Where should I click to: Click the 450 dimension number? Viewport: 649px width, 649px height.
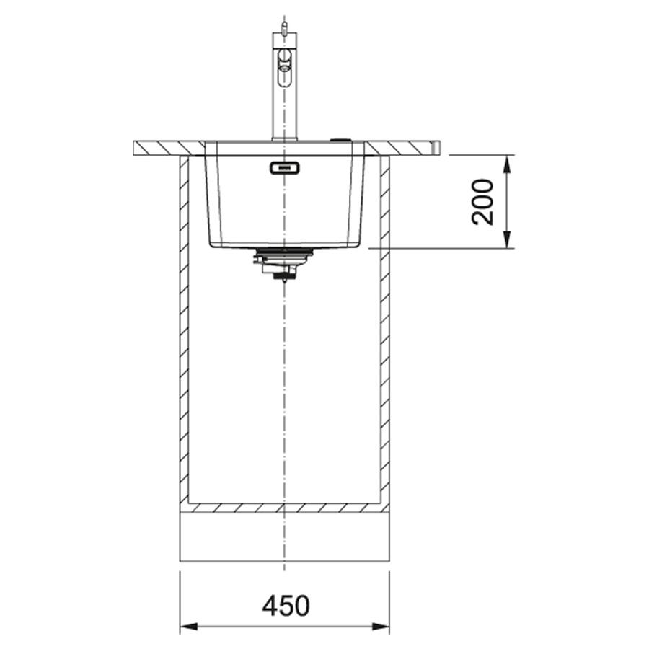pyautogui.click(x=286, y=606)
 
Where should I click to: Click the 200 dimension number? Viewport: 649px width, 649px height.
pyautogui.click(x=483, y=202)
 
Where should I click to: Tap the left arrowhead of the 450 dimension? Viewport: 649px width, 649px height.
pyautogui.click(x=189, y=627)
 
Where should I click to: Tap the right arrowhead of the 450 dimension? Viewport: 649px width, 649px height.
pyautogui.click(x=381, y=627)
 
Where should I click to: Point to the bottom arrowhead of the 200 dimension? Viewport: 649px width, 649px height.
pyautogui.click(x=508, y=240)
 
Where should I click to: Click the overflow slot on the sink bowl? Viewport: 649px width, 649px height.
pyautogui.click(x=285, y=167)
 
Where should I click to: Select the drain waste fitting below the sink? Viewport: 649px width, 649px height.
pyautogui.click(x=283, y=264)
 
